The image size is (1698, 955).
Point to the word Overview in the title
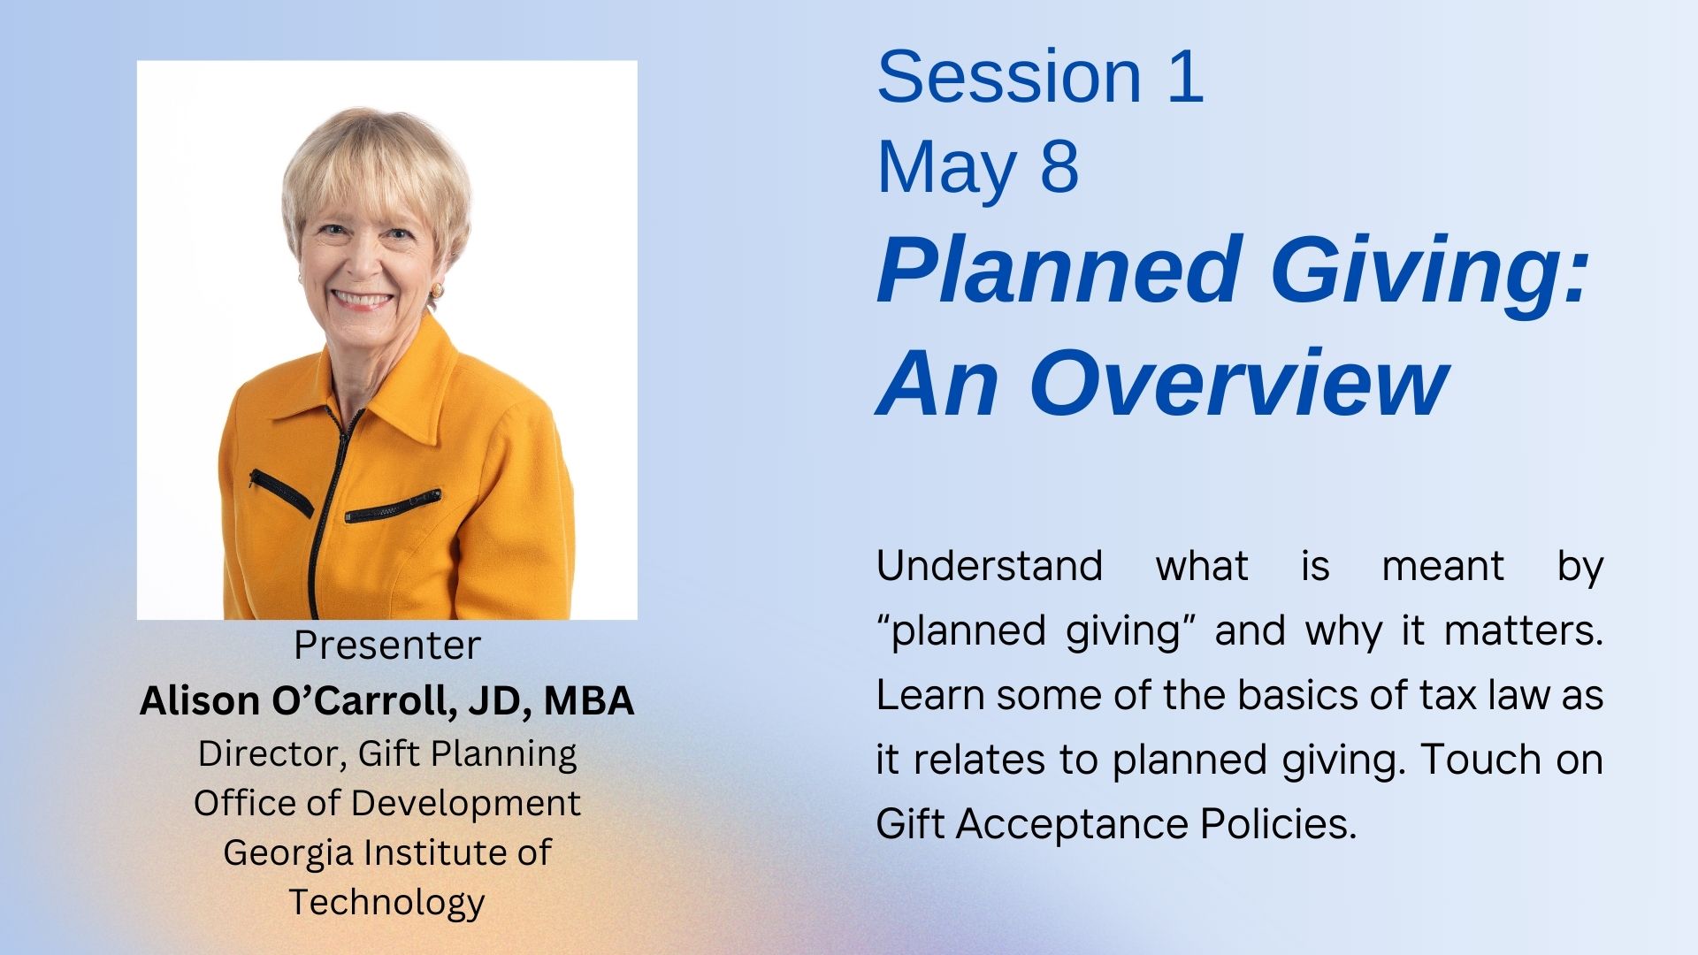coord(1238,383)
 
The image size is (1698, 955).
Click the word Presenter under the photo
coord(387,646)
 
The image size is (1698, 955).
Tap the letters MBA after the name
coord(589,700)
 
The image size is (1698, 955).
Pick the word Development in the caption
coord(465,804)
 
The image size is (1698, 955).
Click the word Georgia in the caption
coord(288,853)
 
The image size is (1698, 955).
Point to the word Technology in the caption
coord(387,903)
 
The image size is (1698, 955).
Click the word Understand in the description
coord(990,566)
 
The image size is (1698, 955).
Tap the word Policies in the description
coord(1278,824)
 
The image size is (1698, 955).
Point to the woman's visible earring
coord(436,290)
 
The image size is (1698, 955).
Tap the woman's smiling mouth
coord(362,299)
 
